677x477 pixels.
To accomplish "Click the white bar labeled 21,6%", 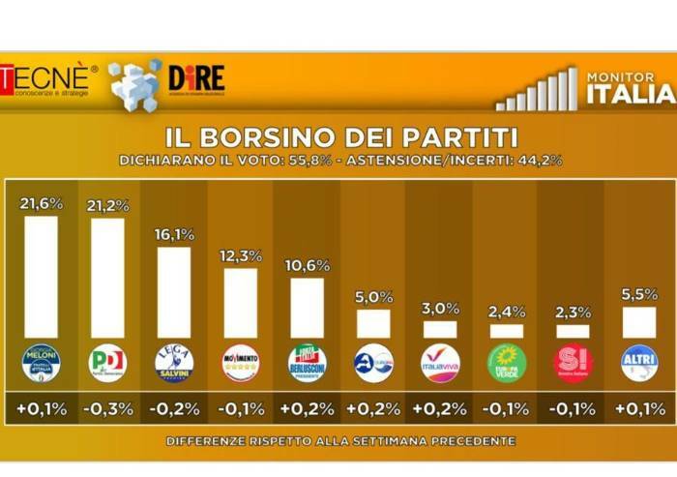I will coord(41,277).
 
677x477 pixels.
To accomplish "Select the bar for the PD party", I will coord(107,278).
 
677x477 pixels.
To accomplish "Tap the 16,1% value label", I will coord(174,235).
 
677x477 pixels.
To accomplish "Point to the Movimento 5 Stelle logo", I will coord(241,363).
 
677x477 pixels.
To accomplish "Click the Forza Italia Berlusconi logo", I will coord(308,363).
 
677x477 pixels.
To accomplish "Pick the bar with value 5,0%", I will coord(373,323).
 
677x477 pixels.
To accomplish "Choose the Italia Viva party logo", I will coord(440,363).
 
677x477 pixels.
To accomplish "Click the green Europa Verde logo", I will coord(507,363).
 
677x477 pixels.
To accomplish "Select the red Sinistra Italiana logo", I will coord(573,363).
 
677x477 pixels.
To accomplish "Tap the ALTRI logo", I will coord(639,363).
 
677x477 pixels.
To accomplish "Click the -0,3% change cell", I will coord(107,408).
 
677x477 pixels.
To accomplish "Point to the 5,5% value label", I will coord(639,294).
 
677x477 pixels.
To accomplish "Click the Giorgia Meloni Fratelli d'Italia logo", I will coord(41,363).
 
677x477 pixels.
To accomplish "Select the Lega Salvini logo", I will coord(174,363).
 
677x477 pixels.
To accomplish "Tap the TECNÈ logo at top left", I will coord(48,78).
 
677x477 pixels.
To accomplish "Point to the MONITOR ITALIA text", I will coord(630,85).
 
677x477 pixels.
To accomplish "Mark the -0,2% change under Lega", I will coord(174,408).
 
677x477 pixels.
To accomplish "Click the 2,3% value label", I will coord(573,313).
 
